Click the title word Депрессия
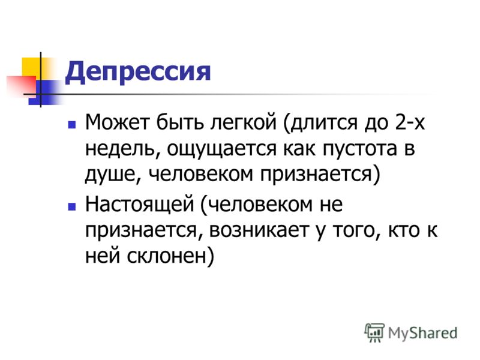tap(138, 72)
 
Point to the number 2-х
tap(410, 122)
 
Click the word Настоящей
tap(140, 205)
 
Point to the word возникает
tap(259, 230)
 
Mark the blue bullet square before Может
tap(72, 125)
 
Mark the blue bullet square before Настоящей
tap(72, 206)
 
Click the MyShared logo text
tap(423, 333)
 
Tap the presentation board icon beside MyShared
tap(374, 332)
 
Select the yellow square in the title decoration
tap(32, 67)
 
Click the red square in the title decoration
tap(22, 86)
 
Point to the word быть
tap(179, 122)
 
